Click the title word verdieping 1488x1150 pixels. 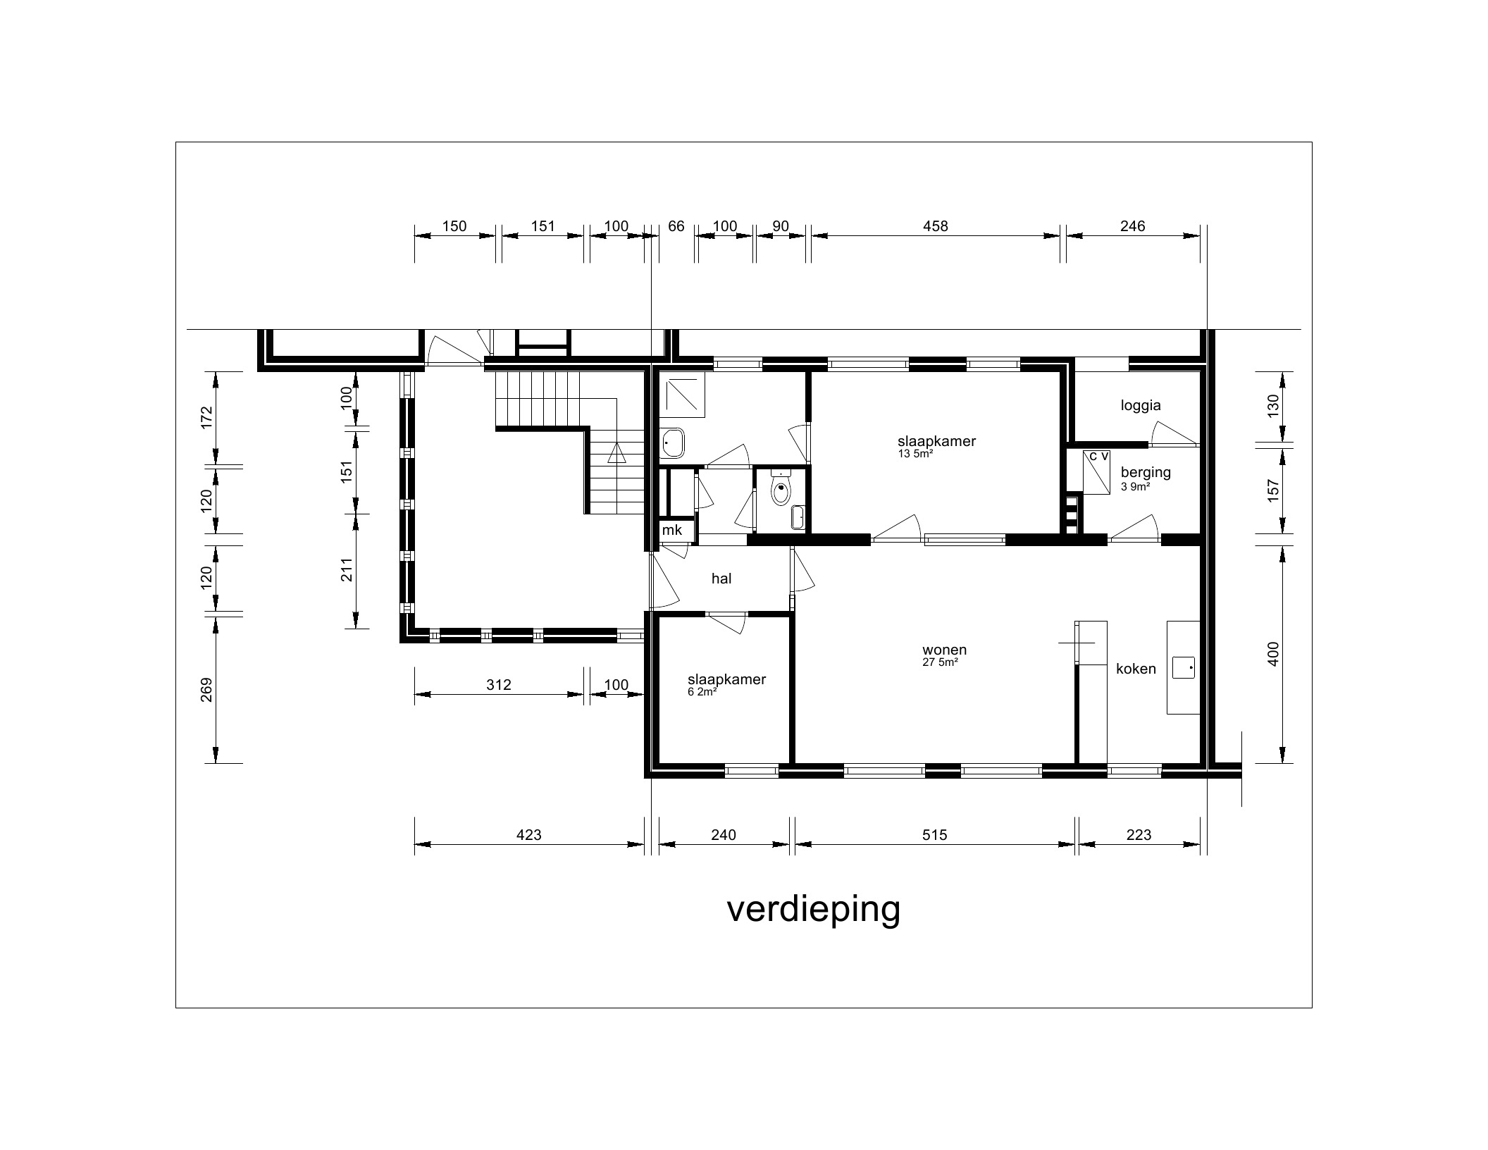(x=813, y=910)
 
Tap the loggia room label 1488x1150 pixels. (x=1141, y=405)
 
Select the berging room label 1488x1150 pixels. (x=1146, y=472)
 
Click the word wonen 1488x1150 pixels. (x=945, y=650)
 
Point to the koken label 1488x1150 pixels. (x=1136, y=669)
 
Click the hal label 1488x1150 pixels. (x=721, y=579)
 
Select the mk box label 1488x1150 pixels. (x=672, y=531)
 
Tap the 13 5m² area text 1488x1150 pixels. (x=916, y=454)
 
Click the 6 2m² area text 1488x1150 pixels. (x=702, y=692)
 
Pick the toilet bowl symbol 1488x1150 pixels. (x=781, y=490)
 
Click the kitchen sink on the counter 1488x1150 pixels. (x=1184, y=667)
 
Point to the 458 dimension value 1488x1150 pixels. (x=936, y=226)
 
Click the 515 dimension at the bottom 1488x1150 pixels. (x=934, y=835)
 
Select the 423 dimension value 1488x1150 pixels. (x=528, y=835)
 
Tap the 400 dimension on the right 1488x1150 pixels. (x=1272, y=654)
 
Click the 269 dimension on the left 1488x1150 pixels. (x=206, y=690)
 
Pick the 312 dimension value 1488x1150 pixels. (x=498, y=685)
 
